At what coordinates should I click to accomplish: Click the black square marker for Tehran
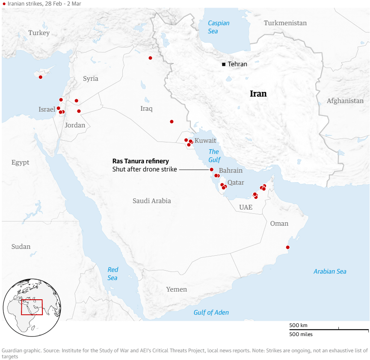pos(224,64)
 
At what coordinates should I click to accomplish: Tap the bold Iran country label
pos(258,94)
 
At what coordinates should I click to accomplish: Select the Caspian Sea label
pos(219,27)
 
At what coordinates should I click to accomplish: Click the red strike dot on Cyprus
pos(41,77)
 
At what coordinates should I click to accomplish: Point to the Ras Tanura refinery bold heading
pos(140,161)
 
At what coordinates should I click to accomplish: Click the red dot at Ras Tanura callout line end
pos(211,169)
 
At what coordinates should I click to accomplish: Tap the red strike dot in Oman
pos(287,247)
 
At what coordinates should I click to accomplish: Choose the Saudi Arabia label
pos(151,201)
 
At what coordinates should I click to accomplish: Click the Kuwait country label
pos(205,141)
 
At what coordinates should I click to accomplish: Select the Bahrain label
pos(230,170)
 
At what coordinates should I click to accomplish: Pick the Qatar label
pos(236,183)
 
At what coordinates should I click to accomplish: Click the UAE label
pos(246,207)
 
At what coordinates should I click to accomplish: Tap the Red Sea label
pos(112,274)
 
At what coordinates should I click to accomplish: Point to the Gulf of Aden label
pos(211,313)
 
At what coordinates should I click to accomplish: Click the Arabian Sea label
pos(330,271)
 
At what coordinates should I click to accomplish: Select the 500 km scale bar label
pos(298,325)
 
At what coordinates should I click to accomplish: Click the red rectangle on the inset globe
pos(32,307)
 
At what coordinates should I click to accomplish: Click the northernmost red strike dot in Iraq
pos(150,58)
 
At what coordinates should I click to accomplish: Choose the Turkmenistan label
pos(285,23)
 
